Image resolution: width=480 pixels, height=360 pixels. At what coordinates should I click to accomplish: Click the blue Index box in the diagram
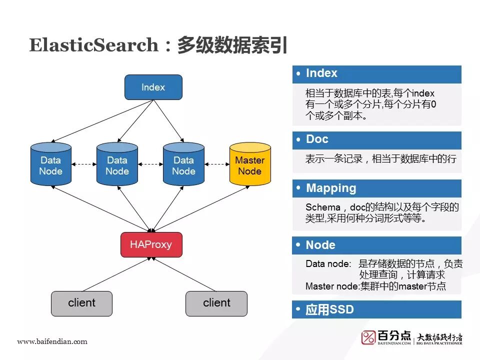pyautogui.click(x=153, y=87)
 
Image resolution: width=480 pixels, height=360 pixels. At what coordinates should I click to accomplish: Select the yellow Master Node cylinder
pyautogui.click(x=249, y=165)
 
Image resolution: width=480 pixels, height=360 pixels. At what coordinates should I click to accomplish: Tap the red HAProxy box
pyautogui.click(x=151, y=244)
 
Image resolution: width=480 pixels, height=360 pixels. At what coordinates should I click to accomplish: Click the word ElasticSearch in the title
pyautogui.click(x=93, y=45)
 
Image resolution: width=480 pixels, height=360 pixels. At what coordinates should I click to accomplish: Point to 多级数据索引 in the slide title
pyautogui.click(x=232, y=45)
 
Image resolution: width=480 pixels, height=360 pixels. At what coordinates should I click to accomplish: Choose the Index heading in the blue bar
pyautogui.click(x=321, y=73)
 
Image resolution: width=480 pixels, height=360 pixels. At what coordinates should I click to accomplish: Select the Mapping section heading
pyautogui.click(x=331, y=188)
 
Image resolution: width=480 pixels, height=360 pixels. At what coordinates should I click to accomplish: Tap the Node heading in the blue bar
pyautogui.click(x=320, y=245)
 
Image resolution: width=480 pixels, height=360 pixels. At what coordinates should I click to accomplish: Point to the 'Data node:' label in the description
pyautogui.click(x=328, y=263)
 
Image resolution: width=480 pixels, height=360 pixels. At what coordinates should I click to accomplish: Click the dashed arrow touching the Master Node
pyautogui.click(x=216, y=163)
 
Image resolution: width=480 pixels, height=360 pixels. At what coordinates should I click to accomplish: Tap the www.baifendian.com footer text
pyautogui.click(x=52, y=341)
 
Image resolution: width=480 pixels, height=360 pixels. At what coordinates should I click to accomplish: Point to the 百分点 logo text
pyautogui.click(x=394, y=335)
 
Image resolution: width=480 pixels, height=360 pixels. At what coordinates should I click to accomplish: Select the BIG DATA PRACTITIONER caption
pyautogui.click(x=439, y=343)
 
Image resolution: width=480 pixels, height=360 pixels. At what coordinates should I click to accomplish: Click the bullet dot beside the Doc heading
pyautogui.click(x=298, y=139)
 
